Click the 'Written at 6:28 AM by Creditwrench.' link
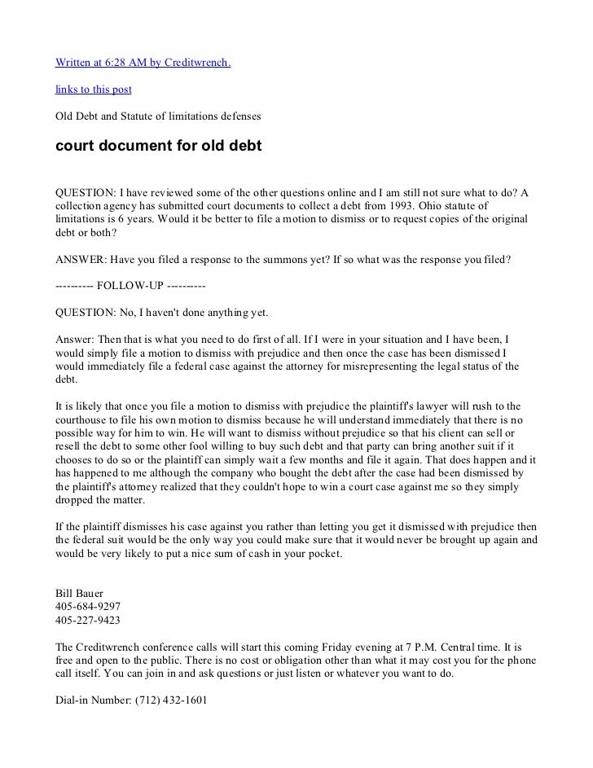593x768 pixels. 143,63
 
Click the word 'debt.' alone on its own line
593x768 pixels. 66,379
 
